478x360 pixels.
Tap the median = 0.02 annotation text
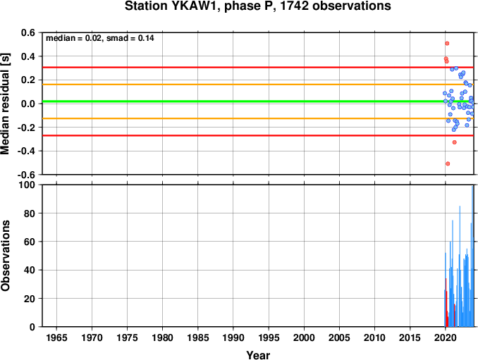tap(73, 38)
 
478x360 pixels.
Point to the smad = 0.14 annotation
tap(130, 38)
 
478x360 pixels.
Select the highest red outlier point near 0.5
tap(447, 44)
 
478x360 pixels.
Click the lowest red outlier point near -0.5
tap(448, 164)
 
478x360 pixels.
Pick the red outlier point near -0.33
tap(455, 142)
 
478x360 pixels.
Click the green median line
tap(258, 101)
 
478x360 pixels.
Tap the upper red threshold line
tap(258, 68)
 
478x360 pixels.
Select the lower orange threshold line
tap(258, 118)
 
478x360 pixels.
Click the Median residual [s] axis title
tap(5, 104)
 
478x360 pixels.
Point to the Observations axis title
tap(5, 256)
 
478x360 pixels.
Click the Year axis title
tap(258, 355)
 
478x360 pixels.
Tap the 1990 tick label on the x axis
tap(233, 337)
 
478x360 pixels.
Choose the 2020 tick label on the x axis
tap(446, 337)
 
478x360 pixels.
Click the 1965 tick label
tap(56, 337)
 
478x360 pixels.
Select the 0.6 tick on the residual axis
tap(27, 32)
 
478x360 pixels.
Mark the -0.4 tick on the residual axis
tap(25, 151)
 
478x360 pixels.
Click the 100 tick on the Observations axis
tap(27, 185)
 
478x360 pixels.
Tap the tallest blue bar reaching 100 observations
tap(473, 256)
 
